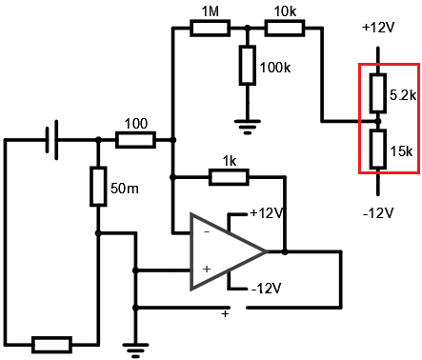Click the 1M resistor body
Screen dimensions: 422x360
tap(210, 29)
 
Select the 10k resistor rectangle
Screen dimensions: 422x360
tap(285, 29)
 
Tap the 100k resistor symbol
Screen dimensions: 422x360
tap(248, 66)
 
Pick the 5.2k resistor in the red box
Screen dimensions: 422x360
tap(378, 93)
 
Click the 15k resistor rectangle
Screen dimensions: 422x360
tap(378, 150)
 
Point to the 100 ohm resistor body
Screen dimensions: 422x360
tap(135, 140)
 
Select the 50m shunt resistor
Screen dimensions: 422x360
tap(98, 187)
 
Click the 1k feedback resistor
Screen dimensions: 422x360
tap(229, 177)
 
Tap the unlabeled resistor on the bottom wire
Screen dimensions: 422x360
tap(51, 345)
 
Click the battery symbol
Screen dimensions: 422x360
tap(51, 140)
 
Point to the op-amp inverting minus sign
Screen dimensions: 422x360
tap(207, 232)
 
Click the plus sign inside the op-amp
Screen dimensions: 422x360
tap(207, 270)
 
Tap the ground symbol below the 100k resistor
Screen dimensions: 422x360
tap(248, 128)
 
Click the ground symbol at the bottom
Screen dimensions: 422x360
tap(135, 350)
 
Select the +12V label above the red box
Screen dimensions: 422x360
tap(378, 28)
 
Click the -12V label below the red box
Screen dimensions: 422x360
tap(378, 212)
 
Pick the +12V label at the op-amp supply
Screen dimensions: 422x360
tap(267, 213)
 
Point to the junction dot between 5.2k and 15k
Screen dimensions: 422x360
tap(378, 121)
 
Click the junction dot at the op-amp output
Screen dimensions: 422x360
tap(285, 251)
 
